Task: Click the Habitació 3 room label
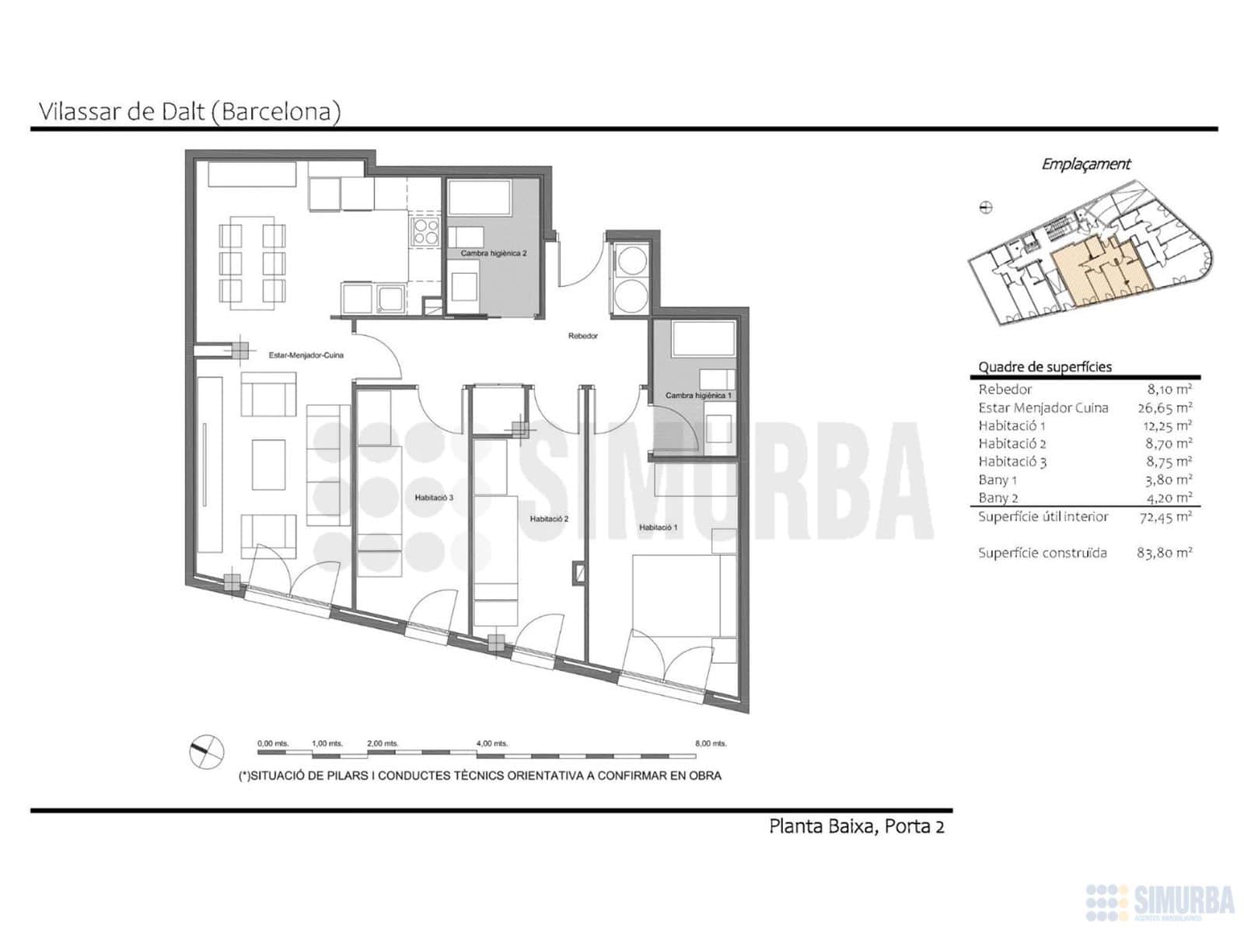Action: click(434, 498)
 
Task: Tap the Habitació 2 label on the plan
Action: click(549, 519)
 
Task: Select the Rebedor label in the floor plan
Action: click(582, 336)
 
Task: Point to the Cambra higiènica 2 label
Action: click(494, 253)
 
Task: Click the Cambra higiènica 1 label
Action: click(698, 396)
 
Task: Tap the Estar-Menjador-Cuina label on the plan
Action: click(306, 356)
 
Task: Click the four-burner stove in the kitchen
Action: click(425, 232)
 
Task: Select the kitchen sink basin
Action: click(390, 299)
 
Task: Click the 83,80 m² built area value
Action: click(1164, 553)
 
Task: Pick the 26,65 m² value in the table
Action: click(1165, 408)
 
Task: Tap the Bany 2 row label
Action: click(998, 498)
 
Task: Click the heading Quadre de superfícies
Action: click(1045, 367)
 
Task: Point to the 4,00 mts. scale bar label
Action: click(492, 743)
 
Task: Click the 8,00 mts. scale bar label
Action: click(711, 743)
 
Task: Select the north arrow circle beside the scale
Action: click(206, 752)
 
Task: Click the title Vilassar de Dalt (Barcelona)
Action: click(190, 112)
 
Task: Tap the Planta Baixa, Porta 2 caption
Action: click(856, 826)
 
